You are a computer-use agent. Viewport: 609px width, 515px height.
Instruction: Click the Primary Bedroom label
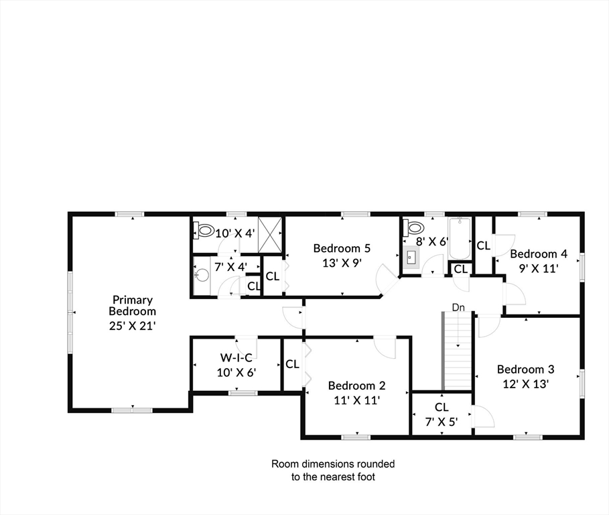[132, 306]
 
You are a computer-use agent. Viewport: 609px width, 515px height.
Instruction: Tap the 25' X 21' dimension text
[132, 326]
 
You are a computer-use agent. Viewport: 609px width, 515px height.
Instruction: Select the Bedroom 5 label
[342, 248]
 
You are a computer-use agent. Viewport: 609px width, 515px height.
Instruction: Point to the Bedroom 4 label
[539, 254]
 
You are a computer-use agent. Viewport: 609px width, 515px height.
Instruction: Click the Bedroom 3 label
[525, 369]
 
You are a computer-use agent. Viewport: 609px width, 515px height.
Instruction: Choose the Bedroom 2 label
[356, 386]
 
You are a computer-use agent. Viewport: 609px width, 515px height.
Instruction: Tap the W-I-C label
[236, 357]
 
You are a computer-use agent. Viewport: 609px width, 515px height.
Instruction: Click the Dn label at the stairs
[458, 307]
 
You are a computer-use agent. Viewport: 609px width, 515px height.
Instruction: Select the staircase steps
[458, 351]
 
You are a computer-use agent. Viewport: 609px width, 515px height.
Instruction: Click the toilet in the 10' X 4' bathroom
[204, 230]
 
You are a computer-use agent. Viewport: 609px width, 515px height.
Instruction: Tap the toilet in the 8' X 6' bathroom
[413, 227]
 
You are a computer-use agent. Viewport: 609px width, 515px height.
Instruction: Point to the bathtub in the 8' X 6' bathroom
[460, 238]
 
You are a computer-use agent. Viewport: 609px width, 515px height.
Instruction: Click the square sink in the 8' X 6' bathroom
[411, 257]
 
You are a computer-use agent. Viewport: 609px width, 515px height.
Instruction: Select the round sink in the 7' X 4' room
[201, 275]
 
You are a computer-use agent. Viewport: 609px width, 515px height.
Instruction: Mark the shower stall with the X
[270, 235]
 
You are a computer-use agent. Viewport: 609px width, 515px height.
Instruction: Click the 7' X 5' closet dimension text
[442, 422]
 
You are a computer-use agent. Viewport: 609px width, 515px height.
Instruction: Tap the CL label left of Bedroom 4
[483, 245]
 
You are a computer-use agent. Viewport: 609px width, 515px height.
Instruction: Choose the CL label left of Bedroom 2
[292, 364]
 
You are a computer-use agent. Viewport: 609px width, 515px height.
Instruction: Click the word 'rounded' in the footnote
[376, 463]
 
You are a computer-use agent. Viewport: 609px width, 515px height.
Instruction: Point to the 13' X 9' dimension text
[342, 263]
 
